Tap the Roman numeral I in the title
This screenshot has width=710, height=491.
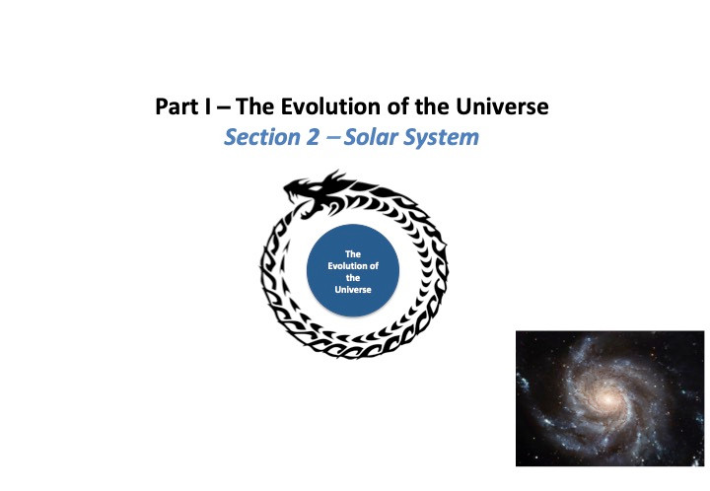[207, 106]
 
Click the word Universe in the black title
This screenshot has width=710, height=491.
[502, 106]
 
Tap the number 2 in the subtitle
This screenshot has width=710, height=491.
[313, 137]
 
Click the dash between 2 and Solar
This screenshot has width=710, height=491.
[333, 135]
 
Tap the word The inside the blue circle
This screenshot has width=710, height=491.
[353, 253]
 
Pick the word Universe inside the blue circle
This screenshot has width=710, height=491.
[353, 290]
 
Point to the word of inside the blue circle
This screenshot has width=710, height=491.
[374, 265]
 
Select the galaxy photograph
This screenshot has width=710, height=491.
[610, 398]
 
